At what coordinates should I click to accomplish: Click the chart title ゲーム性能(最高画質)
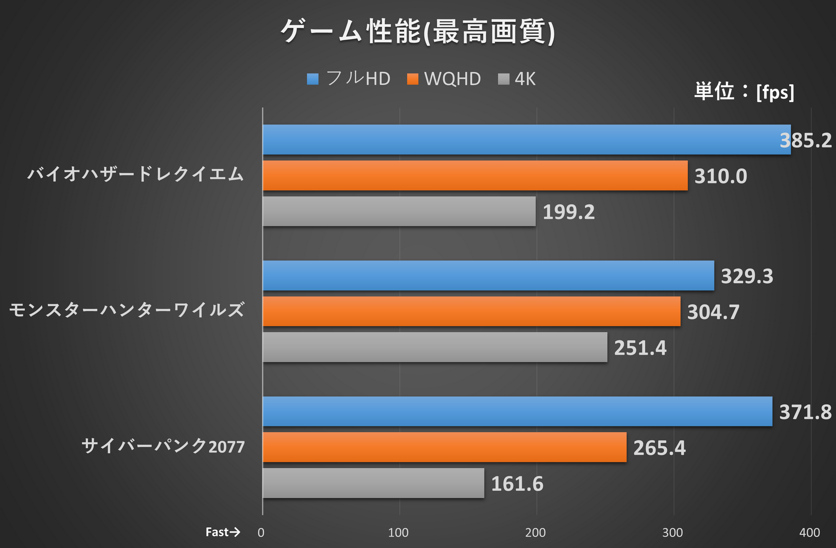pos(418,32)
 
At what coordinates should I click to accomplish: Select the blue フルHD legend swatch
pos(313,79)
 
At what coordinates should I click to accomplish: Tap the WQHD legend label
pos(452,79)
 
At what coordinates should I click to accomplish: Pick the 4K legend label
pos(525,79)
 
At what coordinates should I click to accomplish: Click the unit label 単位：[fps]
pos(744,91)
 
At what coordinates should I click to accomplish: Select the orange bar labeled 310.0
pos(475,175)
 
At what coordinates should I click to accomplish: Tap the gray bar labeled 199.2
pos(399,211)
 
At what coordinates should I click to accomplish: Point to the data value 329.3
pos(747,276)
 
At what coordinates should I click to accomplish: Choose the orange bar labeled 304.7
pos(472,312)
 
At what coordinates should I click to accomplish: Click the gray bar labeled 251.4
pos(435,347)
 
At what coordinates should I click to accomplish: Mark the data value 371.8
pos(805,412)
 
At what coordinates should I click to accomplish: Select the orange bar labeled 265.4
pos(444,447)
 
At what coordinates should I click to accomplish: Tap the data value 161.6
pos(517,484)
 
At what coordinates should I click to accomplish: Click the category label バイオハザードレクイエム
pos(135,174)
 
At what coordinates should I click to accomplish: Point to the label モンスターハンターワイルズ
pos(127,310)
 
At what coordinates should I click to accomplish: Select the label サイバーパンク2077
pos(163,446)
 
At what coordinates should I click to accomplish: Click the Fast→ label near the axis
pos(223,532)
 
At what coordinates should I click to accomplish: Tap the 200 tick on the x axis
pos(535,533)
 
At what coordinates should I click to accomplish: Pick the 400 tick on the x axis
pos(809,533)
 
